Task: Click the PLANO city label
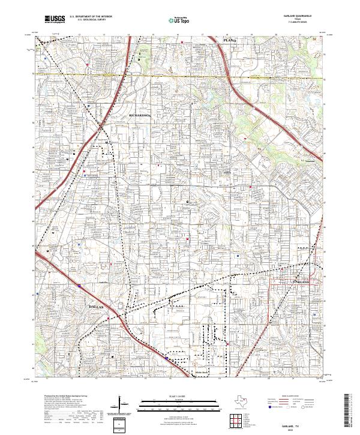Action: (x=230, y=39)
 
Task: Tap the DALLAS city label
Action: (x=98, y=307)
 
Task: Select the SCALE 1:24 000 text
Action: (x=181, y=395)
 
